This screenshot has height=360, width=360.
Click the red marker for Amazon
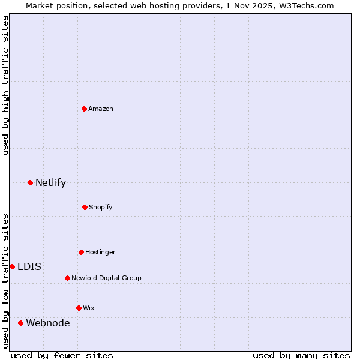(x=85, y=109)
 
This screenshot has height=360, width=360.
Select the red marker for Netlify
(x=30, y=182)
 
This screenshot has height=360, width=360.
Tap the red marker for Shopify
(x=85, y=207)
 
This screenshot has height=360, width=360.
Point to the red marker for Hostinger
(x=81, y=252)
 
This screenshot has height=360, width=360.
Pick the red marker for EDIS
(x=12, y=266)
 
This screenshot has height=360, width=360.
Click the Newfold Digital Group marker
(x=67, y=278)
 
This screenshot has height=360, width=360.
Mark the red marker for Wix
(x=79, y=308)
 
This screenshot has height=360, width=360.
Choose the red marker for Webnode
(x=20, y=323)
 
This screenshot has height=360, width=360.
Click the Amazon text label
(x=101, y=109)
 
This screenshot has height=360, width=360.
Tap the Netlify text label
(x=50, y=182)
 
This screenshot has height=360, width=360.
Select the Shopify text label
(x=101, y=207)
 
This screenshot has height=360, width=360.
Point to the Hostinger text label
(x=100, y=252)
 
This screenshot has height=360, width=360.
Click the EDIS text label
(x=29, y=266)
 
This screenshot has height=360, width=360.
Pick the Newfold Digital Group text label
(x=106, y=278)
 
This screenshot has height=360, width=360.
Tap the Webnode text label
(x=47, y=323)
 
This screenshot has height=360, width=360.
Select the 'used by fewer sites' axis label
(x=62, y=355)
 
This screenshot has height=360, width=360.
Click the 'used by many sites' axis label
(x=301, y=355)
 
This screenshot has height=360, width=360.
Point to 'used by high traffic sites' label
(x=5, y=85)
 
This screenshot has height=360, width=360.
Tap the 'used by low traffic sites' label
(x=5, y=280)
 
